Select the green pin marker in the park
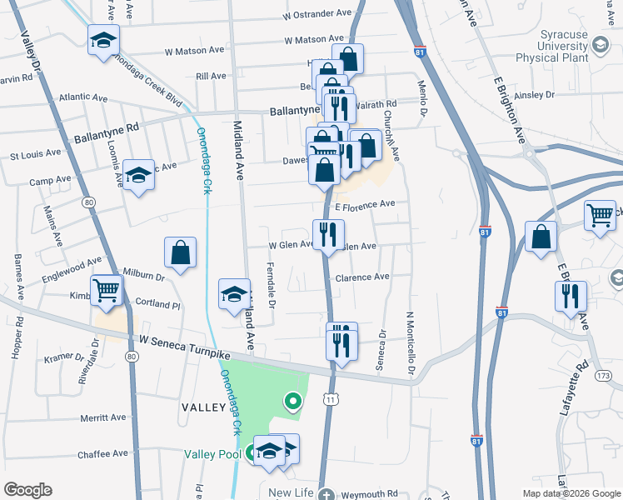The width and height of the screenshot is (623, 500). (x=292, y=402)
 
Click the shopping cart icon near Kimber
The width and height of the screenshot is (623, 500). (x=107, y=291)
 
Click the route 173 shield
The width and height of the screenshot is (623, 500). (x=603, y=377)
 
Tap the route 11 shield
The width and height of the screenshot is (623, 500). (x=332, y=401)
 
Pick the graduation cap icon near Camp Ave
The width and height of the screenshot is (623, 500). (x=139, y=174)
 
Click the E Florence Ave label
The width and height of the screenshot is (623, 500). (x=364, y=204)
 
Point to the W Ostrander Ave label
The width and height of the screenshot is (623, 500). (x=317, y=14)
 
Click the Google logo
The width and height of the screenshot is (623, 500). (x=27, y=490)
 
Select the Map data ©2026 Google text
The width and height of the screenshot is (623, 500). (x=571, y=492)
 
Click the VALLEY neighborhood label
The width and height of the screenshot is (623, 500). (x=202, y=407)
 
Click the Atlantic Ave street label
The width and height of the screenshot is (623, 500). (x=83, y=97)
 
